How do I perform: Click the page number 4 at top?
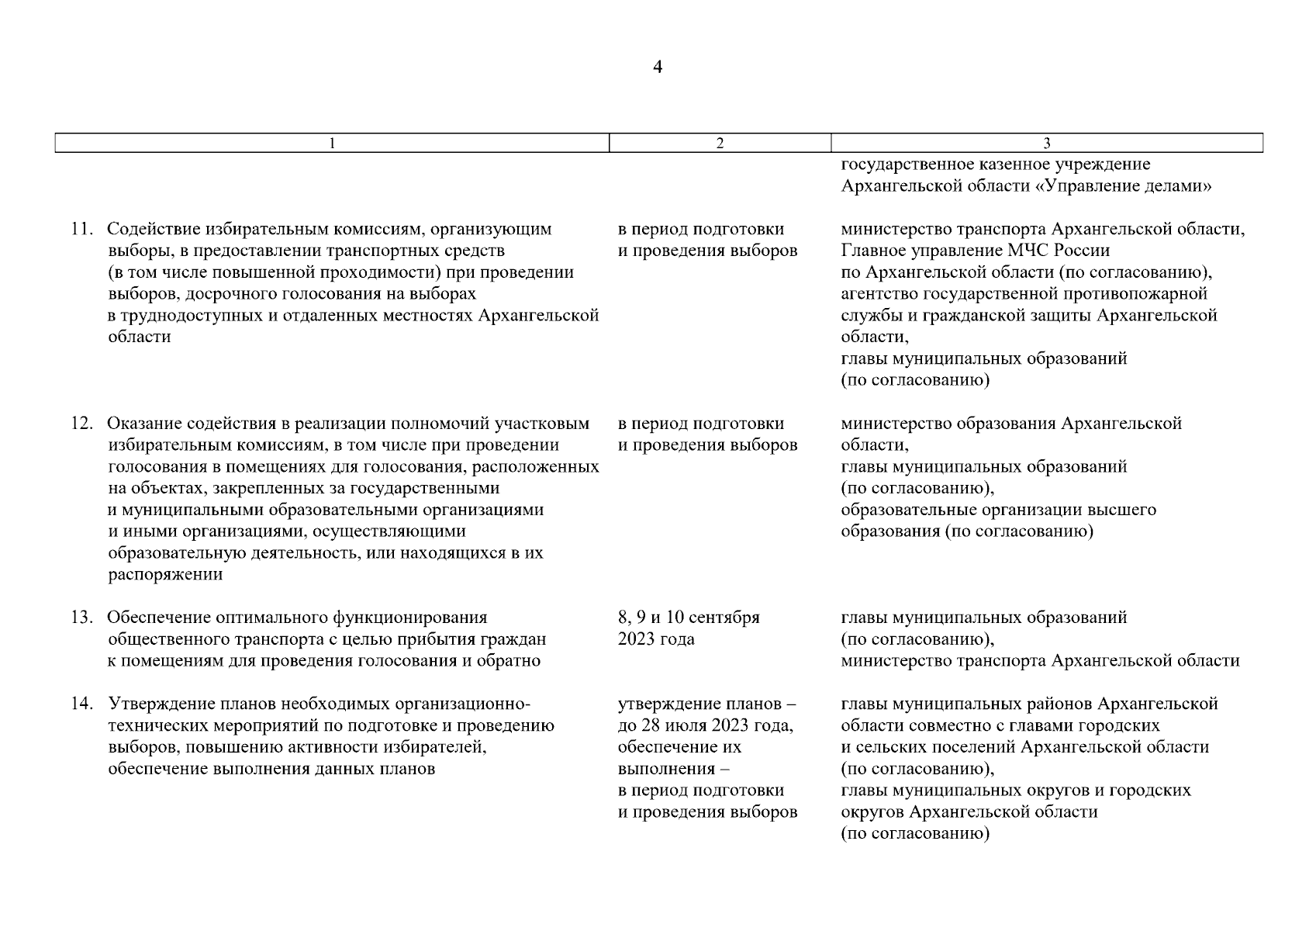pyautogui.click(x=658, y=67)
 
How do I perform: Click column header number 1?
pyautogui.click(x=332, y=143)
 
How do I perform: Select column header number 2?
pyautogui.click(x=720, y=143)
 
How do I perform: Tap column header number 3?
pyautogui.click(x=1047, y=143)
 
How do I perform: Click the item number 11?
pyautogui.click(x=81, y=230)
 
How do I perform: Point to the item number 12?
pyautogui.click(x=81, y=424)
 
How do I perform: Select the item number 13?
pyautogui.click(x=81, y=618)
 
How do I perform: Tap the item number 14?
pyautogui.click(x=81, y=704)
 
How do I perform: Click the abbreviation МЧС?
pyautogui.click(x=1028, y=251)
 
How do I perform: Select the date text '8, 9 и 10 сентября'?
pyautogui.click(x=689, y=618)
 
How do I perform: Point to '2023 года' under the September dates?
pyautogui.click(x=656, y=640)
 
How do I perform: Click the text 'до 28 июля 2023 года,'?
pyautogui.click(x=705, y=726)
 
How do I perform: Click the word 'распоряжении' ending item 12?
pyautogui.click(x=165, y=576)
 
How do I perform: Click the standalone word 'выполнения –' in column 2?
pyautogui.click(x=674, y=770)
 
